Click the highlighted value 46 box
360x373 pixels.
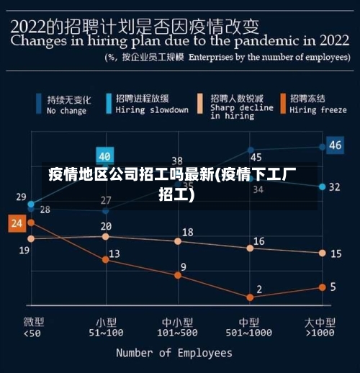(335, 145)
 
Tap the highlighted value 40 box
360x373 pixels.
(105, 156)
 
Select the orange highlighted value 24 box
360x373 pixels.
(17, 223)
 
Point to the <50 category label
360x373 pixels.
(32, 333)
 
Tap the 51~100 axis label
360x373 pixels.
(106, 333)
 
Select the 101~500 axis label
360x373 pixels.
(177, 333)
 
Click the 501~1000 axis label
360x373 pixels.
(249, 333)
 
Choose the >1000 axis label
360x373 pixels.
(320, 333)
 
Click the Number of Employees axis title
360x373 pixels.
(174, 353)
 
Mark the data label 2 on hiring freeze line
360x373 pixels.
(259, 289)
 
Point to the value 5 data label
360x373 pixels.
(333, 287)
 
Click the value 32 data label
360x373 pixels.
(335, 186)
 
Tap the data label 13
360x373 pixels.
(114, 253)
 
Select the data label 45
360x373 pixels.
(256, 157)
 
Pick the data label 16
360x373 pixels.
(258, 241)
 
